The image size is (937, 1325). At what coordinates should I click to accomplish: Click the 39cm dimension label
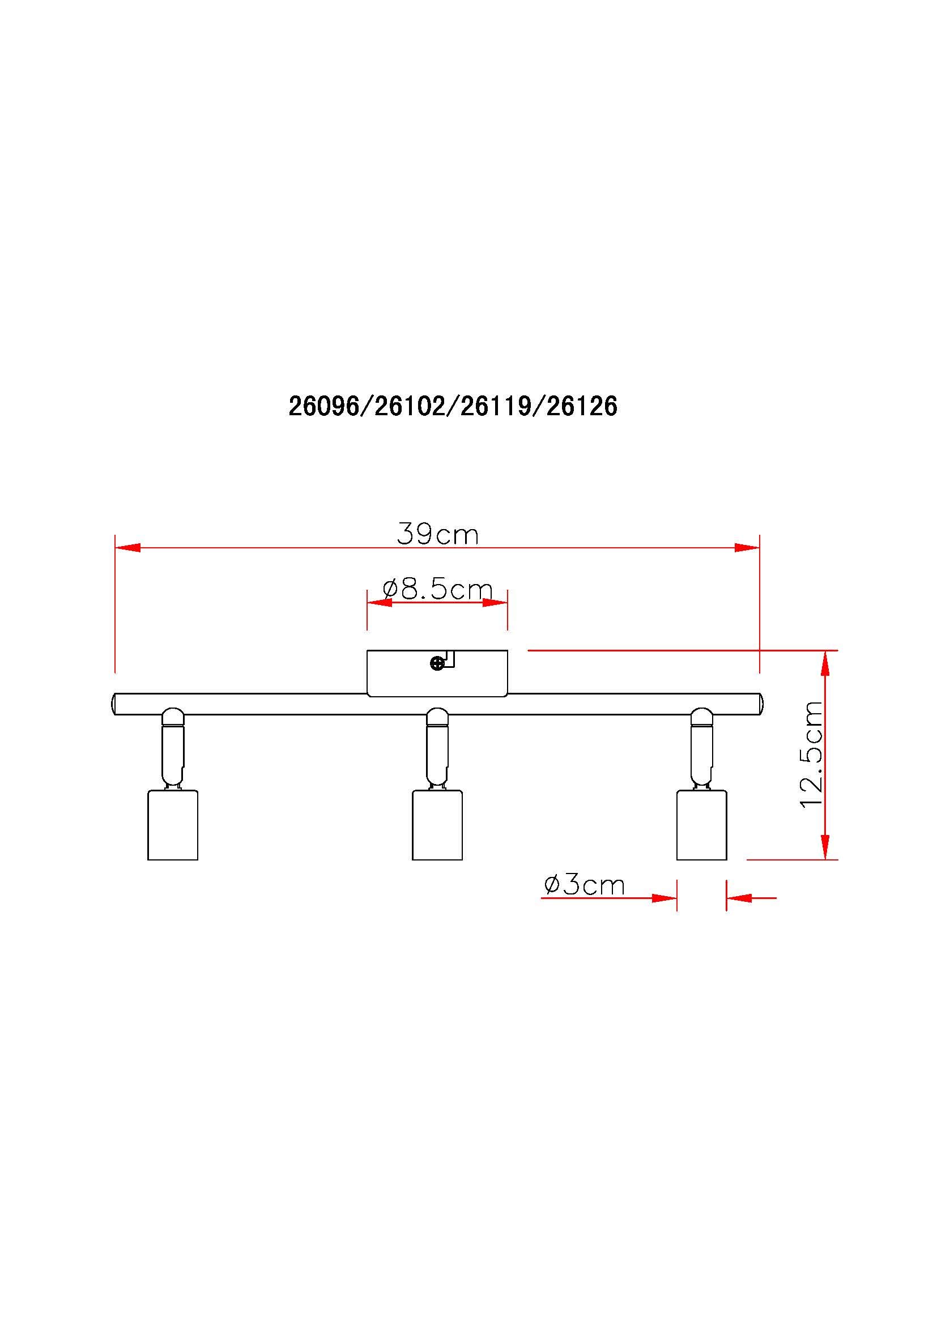[438, 534]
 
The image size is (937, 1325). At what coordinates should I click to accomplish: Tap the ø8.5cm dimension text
[438, 589]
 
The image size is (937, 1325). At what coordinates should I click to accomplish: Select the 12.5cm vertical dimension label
[812, 755]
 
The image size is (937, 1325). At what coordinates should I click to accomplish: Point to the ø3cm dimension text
[584, 885]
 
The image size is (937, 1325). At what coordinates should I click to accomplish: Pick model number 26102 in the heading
[410, 407]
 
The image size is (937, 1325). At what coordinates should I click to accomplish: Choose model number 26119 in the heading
[496, 407]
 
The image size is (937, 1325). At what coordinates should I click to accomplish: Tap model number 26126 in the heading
[582, 407]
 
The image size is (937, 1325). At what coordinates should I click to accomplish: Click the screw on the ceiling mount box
[438, 664]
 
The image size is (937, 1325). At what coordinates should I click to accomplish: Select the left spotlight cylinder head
[173, 825]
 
